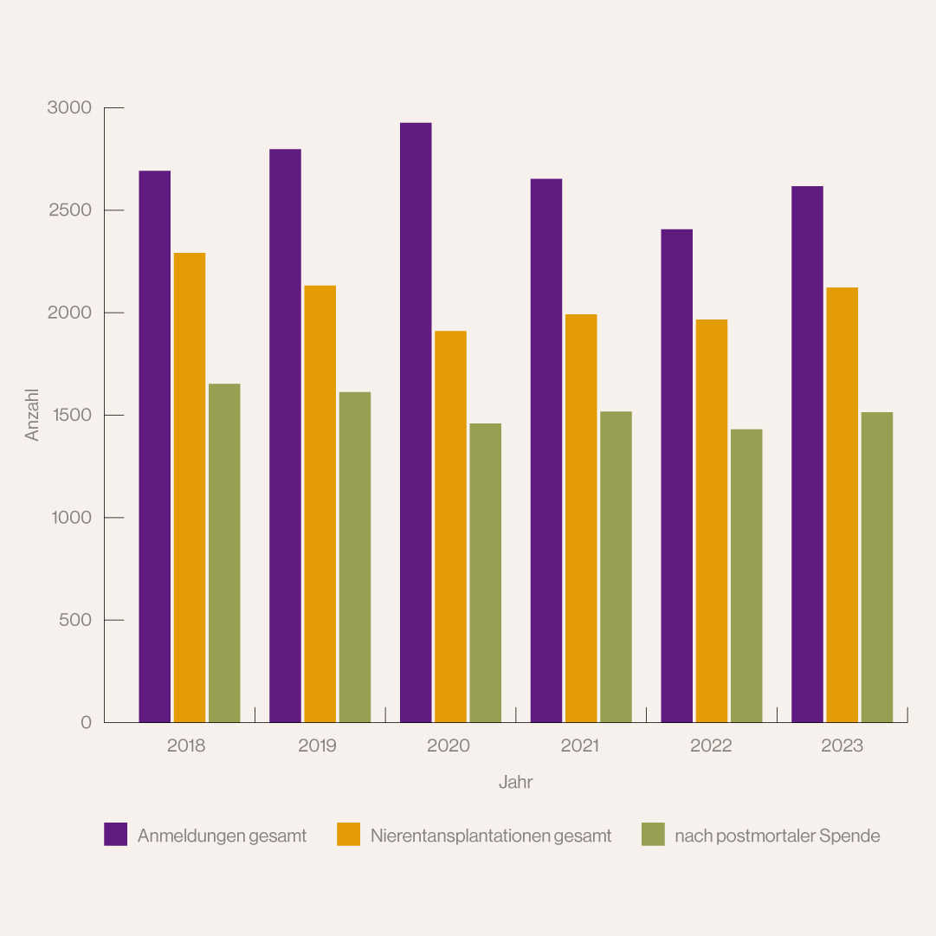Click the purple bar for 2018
(x=155, y=446)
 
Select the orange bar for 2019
(x=320, y=503)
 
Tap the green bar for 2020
(x=485, y=572)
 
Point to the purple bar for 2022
(x=676, y=475)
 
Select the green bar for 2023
(x=876, y=566)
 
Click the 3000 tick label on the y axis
(x=69, y=108)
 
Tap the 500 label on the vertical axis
(x=74, y=621)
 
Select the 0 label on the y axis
(x=86, y=723)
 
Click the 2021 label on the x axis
(x=579, y=746)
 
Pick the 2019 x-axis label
(x=318, y=746)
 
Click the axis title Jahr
(x=515, y=783)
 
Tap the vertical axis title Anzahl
(x=33, y=415)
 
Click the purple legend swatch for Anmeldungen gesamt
(x=115, y=834)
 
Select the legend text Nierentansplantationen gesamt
(x=491, y=836)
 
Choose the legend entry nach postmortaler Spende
(x=777, y=836)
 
